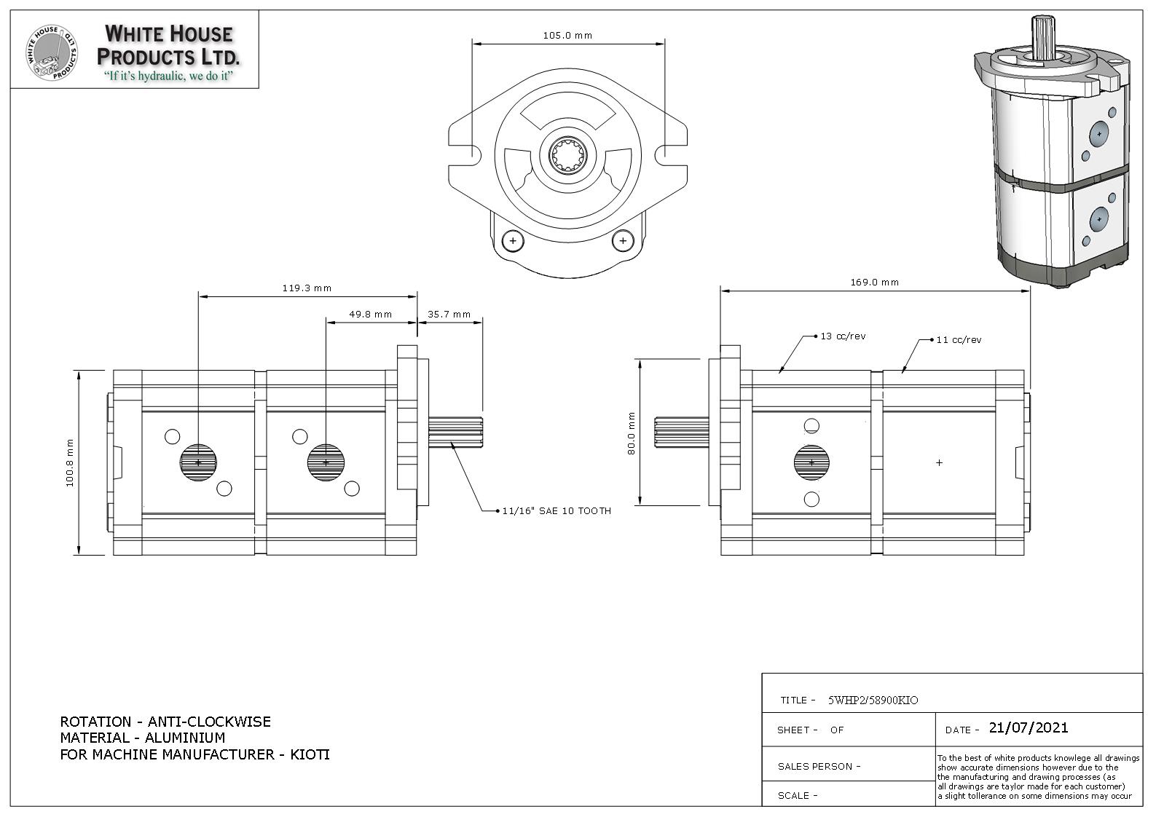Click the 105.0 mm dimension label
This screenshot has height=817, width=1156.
coord(567,35)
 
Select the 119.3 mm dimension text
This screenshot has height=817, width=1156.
coord(307,288)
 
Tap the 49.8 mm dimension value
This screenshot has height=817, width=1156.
coord(370,315)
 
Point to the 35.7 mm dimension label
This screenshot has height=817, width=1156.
coord(449,315)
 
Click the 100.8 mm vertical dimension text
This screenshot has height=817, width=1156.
coord(70,462)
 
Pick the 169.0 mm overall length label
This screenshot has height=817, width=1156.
coord(874,282)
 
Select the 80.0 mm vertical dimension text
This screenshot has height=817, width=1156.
coord(632,433)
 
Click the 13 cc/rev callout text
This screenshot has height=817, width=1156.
coord(843,336)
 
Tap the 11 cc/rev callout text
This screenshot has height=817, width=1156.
coord(959,339)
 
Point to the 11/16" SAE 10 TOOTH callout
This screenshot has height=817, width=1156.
coord(557,511)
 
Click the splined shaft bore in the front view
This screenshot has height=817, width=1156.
coord(569,156)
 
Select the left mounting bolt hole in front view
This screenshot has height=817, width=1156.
coord(513,240)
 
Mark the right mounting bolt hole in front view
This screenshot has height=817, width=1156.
coord(623,240)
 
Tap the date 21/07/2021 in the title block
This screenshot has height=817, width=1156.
coord(1029,727)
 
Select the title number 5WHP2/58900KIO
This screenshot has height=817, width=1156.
coord(873,700)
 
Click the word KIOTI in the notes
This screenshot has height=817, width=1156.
coord(310,754)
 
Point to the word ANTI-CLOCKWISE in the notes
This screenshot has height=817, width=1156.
coord(209,722)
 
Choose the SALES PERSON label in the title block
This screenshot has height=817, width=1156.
coord(819,766)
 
